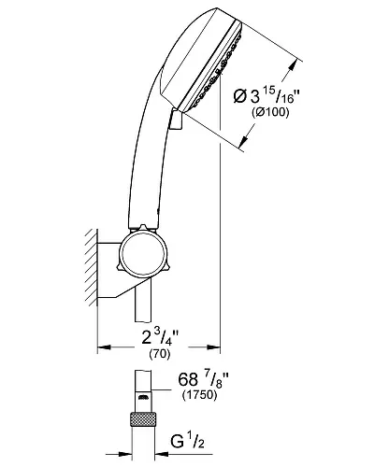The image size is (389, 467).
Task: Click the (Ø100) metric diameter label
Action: click(x=270, y=112)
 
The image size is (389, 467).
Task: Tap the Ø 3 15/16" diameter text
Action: click(x=267, y=95)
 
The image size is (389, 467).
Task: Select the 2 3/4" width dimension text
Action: click(x=160, y=337)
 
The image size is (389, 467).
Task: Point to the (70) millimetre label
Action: click(x=160, y=354)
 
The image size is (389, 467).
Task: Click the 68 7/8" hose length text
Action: click(x=203, y=380)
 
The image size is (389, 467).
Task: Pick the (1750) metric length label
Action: click(x=199, y=395)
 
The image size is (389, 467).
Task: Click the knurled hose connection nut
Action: click(x=143, y=419)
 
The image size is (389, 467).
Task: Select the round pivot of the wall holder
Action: click(x=143, y=254)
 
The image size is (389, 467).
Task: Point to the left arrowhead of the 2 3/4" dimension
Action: click(x=105, y=347)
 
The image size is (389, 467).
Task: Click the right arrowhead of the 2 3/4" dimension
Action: click(x=213, y=347)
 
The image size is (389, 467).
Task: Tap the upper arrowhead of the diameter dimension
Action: click(x=293, y=65)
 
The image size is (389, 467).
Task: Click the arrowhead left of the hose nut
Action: click(x=125, y=455)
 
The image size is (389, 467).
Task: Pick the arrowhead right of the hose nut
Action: click(x=161, y=455)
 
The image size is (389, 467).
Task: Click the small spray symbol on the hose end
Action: click(x=143, y=397)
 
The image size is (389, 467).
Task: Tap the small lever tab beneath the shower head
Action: click(x=176, y=119)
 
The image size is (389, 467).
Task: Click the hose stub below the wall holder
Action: click(x=143, y=301)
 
